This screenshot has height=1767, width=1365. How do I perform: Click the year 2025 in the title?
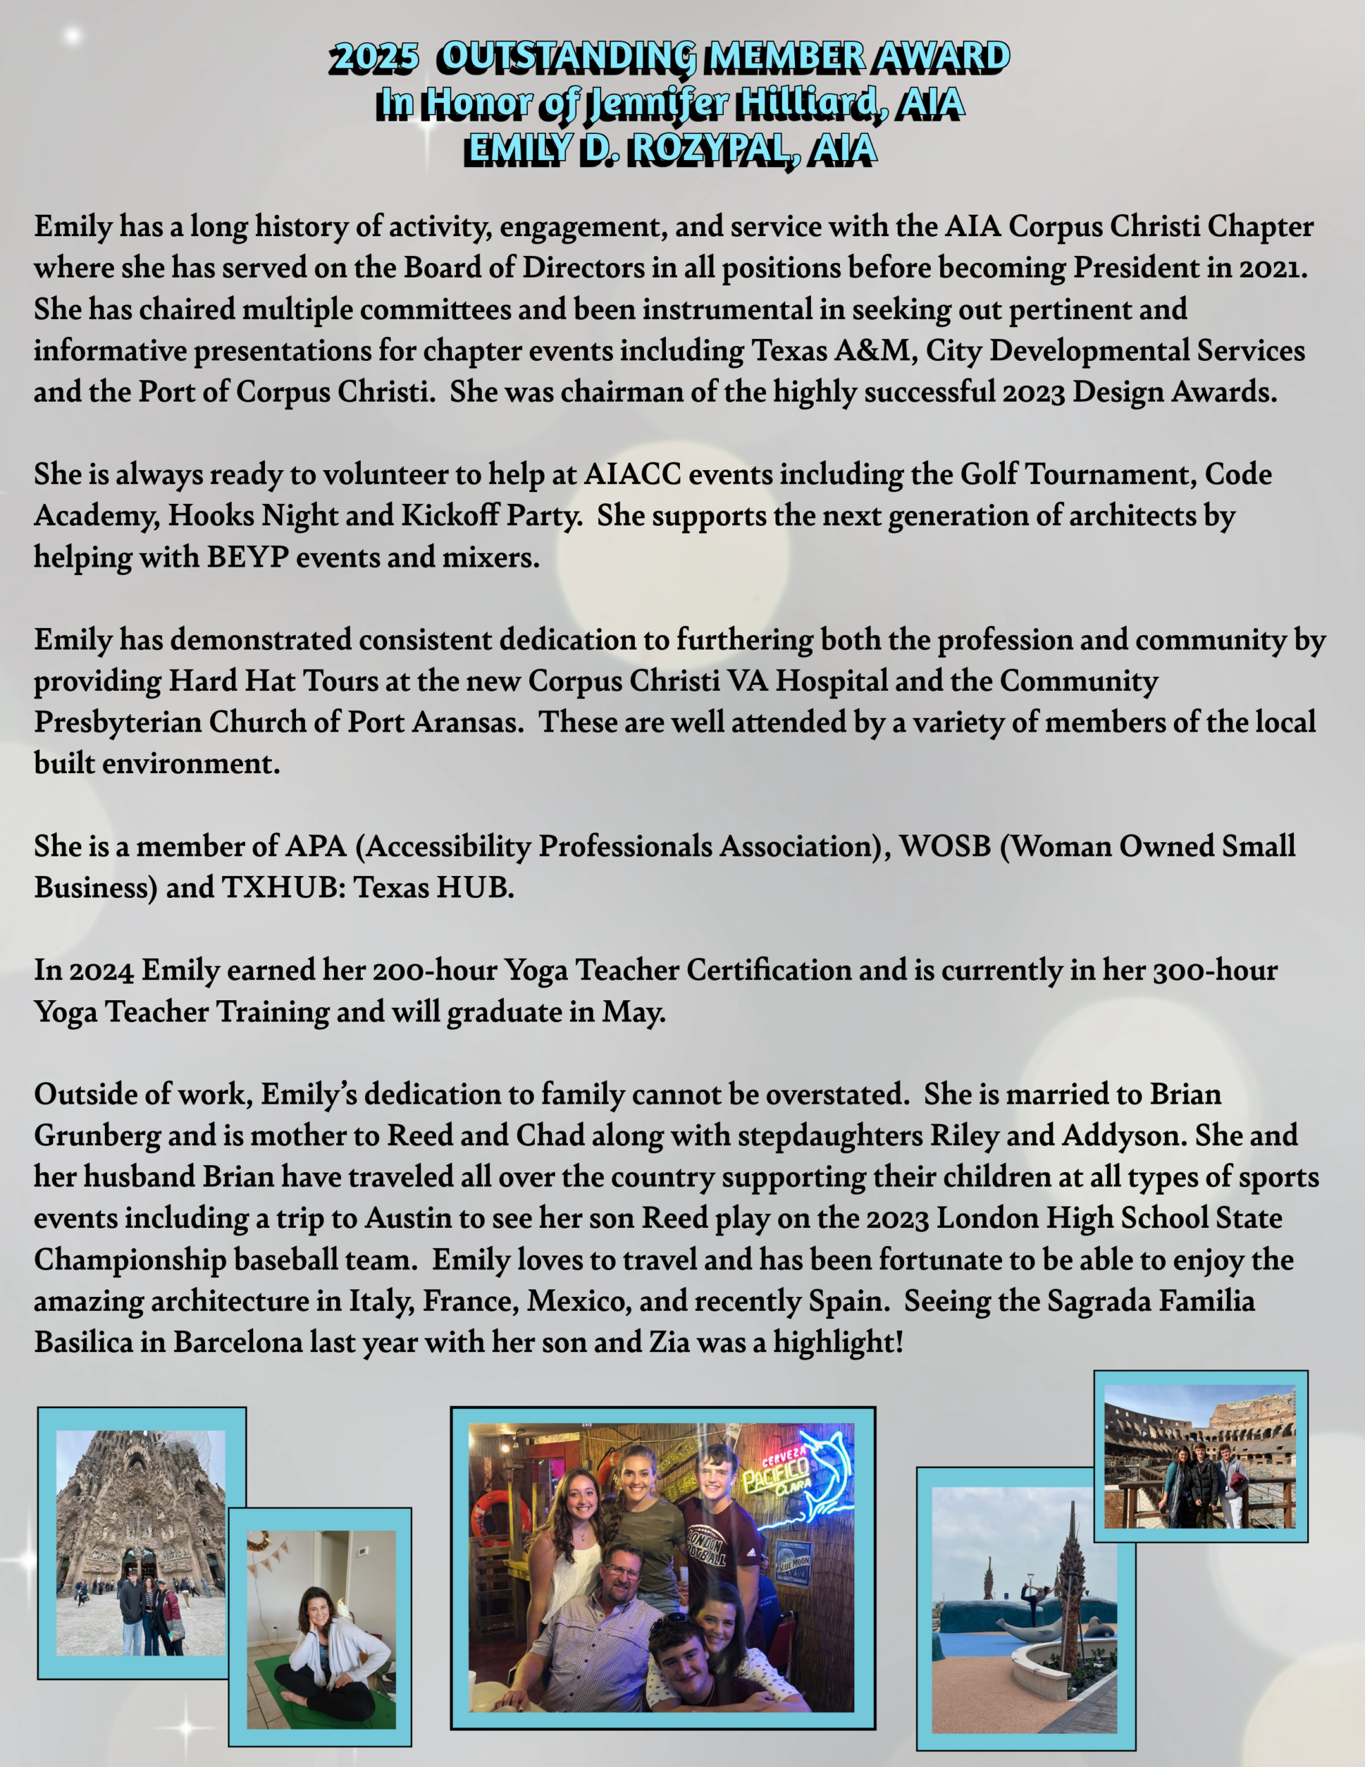(x=374, y=57)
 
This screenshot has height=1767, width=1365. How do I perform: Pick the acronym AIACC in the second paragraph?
(x=632, y=475)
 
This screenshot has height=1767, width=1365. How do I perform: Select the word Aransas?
(x=465, y=723)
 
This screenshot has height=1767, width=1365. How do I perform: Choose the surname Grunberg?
(x=97, y=1136)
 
